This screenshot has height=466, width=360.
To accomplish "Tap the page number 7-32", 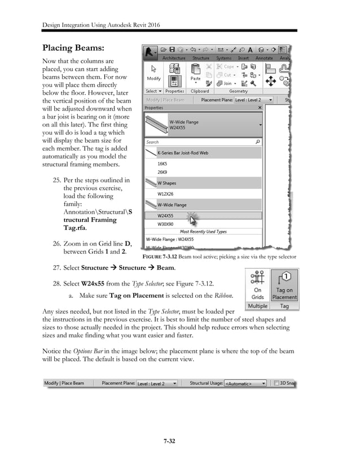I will (179, 441).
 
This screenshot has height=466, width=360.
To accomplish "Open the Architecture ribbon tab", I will (173, 58).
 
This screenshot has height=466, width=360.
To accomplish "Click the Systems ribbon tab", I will (224, 58).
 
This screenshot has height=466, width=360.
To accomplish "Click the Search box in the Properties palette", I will (200, 142).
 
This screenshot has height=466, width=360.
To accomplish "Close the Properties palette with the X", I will (260, 107).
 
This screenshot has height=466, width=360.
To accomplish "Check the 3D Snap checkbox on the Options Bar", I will (276, 383).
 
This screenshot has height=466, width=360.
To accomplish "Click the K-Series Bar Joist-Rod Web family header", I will (186, 152).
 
